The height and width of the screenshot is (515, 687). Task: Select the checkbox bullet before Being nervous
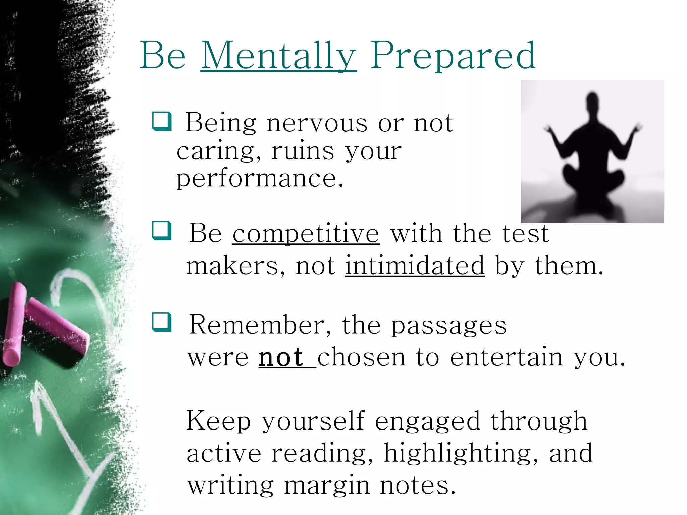tap(162, 121)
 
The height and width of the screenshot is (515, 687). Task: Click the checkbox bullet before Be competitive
tap(162, 231)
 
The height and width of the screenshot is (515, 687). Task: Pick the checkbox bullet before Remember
tap(162, 322)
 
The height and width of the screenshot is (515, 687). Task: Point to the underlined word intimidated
tap(415, 266)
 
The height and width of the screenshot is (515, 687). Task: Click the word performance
tap(260, 178)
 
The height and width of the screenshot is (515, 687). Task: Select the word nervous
tap(317, 123)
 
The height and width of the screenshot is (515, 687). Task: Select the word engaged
tap(427, 422)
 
